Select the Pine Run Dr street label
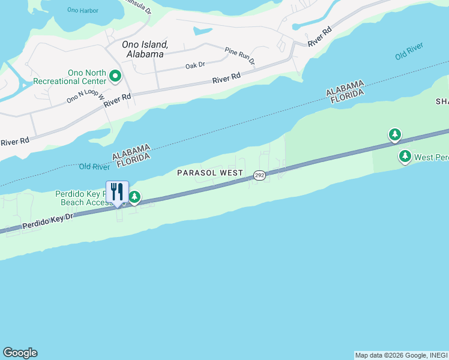[240, 56]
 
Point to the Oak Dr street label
[195, 65]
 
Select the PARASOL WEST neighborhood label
[210, 173]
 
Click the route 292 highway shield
[259, 175]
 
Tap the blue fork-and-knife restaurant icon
[117, 191]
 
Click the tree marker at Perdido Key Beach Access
[135, 197]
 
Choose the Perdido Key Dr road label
[47, 221]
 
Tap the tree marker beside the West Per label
[405, 157]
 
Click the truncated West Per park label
[432, 158]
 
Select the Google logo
[20, 353]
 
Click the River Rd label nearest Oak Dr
[227, 79]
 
